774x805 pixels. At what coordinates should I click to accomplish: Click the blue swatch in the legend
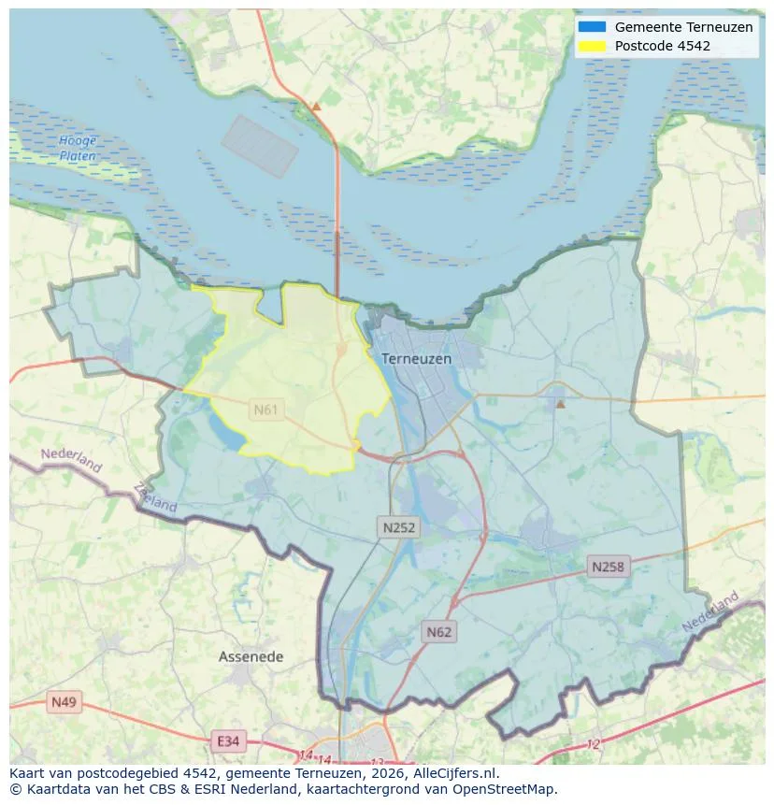[592, 27]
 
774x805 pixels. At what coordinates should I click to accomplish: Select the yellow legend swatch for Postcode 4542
[592, 46]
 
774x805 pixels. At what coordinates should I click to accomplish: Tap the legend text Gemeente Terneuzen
[683, 27]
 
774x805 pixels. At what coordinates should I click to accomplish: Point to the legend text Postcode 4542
[662, 46]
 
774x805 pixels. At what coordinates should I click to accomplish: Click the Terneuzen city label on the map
[416, 358]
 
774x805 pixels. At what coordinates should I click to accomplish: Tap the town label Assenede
[251, 656]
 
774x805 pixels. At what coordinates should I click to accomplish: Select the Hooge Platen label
[78, 149]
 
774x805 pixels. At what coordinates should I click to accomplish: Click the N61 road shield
[266, 410]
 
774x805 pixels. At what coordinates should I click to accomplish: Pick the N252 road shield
[399, 527]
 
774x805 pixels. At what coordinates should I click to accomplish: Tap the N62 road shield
[438, 632]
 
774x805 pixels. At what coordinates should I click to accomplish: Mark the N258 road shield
[608, 567]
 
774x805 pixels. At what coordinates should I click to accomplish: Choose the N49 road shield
[64, 702]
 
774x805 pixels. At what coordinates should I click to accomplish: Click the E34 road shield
[227, 741]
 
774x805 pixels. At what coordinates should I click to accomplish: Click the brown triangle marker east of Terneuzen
[560, 404]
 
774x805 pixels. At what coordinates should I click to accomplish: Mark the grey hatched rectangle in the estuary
[260, 147]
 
